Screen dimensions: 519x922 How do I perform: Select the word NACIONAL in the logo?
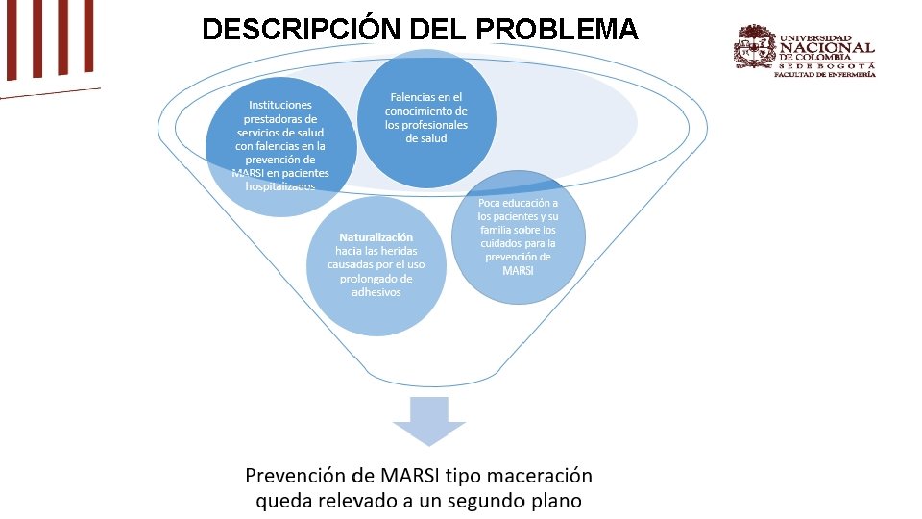click(827, 47)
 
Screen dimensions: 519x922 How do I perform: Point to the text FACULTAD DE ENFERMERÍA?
click(824, 74)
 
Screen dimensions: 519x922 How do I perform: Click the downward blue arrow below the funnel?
click(428, 419)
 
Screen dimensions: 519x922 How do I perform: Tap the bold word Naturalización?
click(376, 236)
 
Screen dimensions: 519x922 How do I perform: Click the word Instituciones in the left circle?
click(280, 104)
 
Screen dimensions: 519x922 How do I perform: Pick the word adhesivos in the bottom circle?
click(376, 292)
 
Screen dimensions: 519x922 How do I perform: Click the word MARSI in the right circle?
click(518, 270)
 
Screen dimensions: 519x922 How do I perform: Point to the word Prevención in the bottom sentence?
click(294, 476)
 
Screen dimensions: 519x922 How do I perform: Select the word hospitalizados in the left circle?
click(280, 186)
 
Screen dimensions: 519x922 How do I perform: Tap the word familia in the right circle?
click(497, 230)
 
